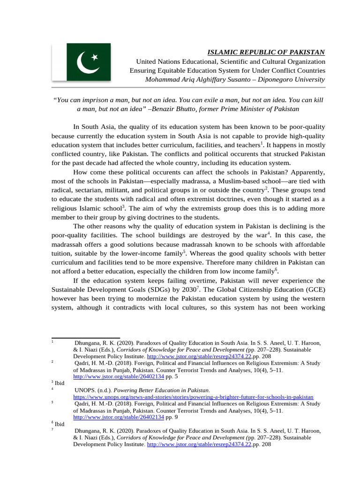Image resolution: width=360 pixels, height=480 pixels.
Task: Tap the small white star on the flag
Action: pyautogui.click(x=95, y=57)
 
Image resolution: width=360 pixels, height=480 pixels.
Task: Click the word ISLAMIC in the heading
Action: pyautogui.click(x=223, y=52)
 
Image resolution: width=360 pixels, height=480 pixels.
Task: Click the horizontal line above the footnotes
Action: pyautogui.click(x=85, y=337)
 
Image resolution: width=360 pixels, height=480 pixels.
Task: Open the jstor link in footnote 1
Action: pyautogui.click(x=199, y=356)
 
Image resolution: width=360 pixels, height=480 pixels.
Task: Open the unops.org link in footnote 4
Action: pyautogui.click(x=193, y=397)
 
